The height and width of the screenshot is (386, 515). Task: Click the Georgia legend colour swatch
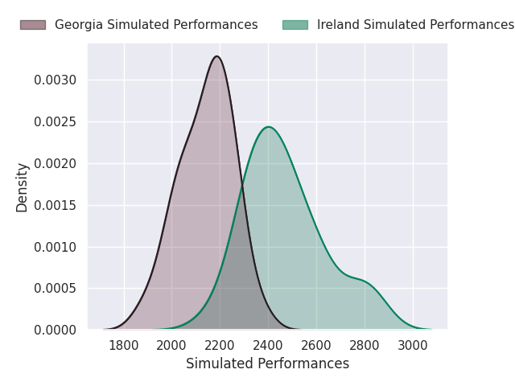[x=33, y=25]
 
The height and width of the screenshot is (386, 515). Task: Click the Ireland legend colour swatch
[x=295, y=25]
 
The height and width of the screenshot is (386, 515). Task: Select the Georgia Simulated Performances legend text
[x=156, y=25]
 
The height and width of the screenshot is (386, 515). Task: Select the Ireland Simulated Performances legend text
[x=415, y=25]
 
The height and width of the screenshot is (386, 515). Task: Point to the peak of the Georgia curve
[x=216, y=56]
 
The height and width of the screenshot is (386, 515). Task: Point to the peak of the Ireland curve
[x=268, y=127]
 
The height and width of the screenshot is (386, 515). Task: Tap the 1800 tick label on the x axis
[x=123, y=346]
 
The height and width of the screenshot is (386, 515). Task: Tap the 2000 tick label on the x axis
[x=171, y=346]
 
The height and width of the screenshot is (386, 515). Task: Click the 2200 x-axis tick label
[x=220, y=346]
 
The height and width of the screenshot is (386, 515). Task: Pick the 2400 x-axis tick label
[x=268, y=346]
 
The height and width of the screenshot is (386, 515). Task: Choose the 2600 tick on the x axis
[x=316, y=346]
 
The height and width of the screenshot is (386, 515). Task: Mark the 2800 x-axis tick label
[x=365, y=346]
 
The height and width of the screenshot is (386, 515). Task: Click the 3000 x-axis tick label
[x=413, y=346]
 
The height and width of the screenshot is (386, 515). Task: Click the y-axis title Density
[x=23, y=187]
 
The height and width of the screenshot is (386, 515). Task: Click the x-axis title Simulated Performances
[x=267, y=364]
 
